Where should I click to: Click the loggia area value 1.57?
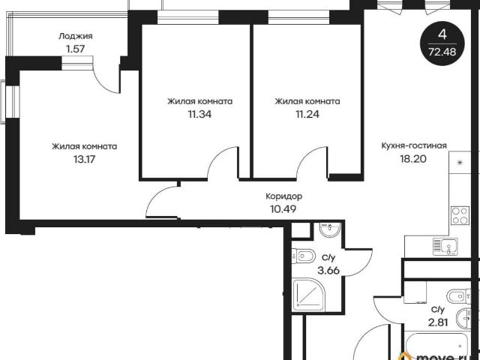tap(75, 49)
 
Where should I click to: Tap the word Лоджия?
tap(75, 36)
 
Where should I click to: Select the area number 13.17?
tap(84, 159)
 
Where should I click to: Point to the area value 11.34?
tap(199, 114)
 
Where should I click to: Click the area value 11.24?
tap(307, 114)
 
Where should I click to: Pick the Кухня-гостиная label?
tap(414, 145)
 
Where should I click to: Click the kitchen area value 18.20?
tap(413, 159)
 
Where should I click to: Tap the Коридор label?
tap(283, 196)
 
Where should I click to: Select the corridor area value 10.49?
tap(283, 209)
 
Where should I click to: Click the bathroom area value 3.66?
tap(328, 271)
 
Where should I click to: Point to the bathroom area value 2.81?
tap(438, 322)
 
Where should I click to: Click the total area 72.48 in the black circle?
tap(442, 52)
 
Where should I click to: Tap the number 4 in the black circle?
tap(442, 34)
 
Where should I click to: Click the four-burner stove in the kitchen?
tap(460, 215)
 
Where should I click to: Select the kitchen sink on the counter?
tap(445, 247)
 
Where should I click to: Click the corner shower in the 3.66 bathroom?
tap(309, 295)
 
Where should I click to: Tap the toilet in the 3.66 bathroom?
tap(304, 256)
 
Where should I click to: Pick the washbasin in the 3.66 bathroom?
tap(330, 229)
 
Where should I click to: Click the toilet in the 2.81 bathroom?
tap(458, 296)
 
